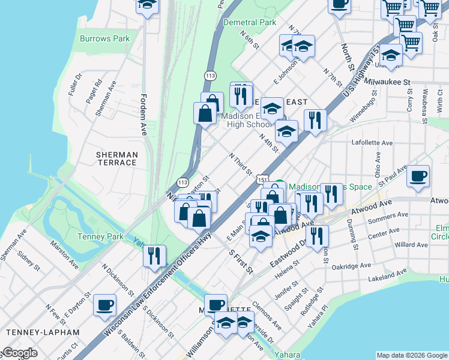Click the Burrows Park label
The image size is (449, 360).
(104, 38)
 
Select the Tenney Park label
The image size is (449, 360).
(100, 236)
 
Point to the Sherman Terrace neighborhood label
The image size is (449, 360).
(116, 158)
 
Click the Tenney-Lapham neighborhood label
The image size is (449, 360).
(42, 332)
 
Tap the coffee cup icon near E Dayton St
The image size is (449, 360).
(104, 304)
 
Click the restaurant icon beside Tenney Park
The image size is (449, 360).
(155, 256)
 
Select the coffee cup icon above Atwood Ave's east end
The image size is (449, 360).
(418, 176)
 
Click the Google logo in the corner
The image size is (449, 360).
(19, 353)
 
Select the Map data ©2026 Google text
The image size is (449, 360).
(412, 355)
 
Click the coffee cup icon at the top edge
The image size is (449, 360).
(340, 4)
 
